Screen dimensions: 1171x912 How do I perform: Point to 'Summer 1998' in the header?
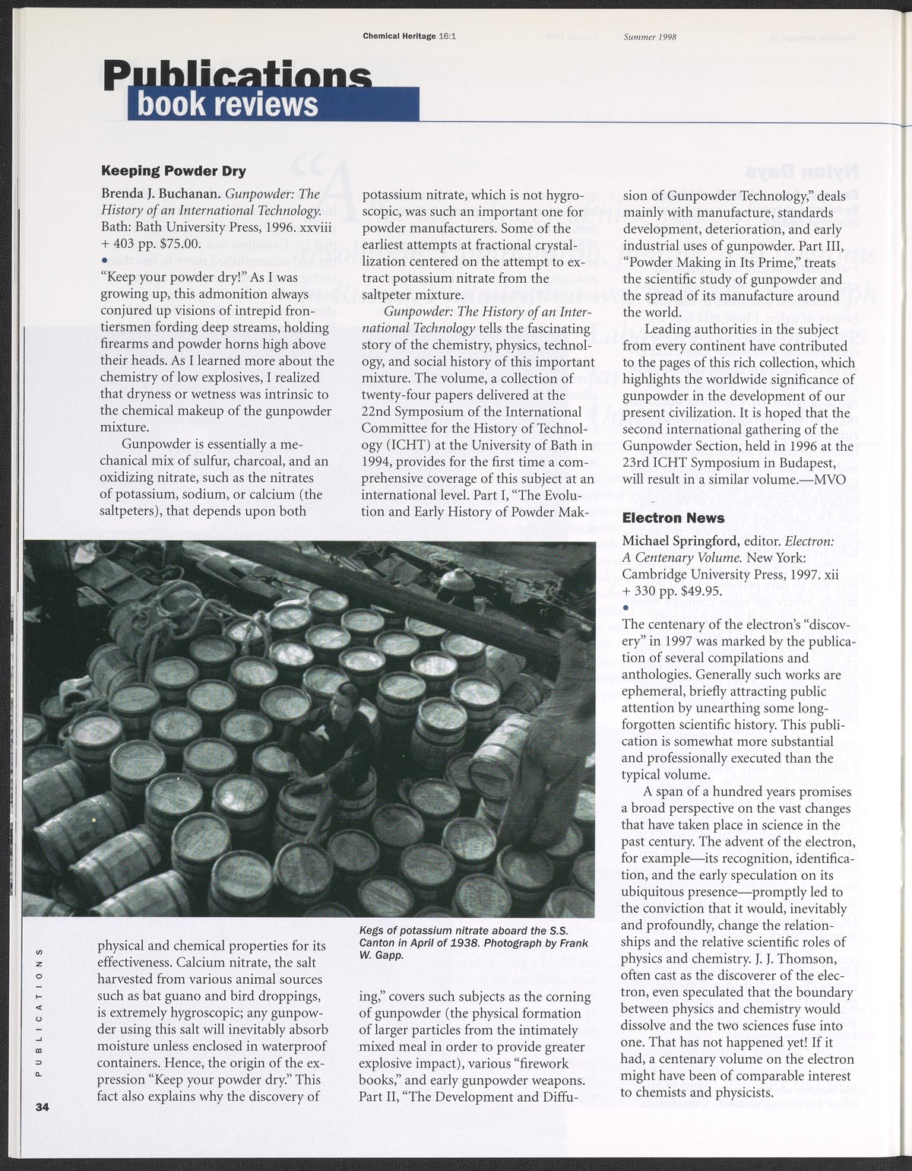click(650, 36)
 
